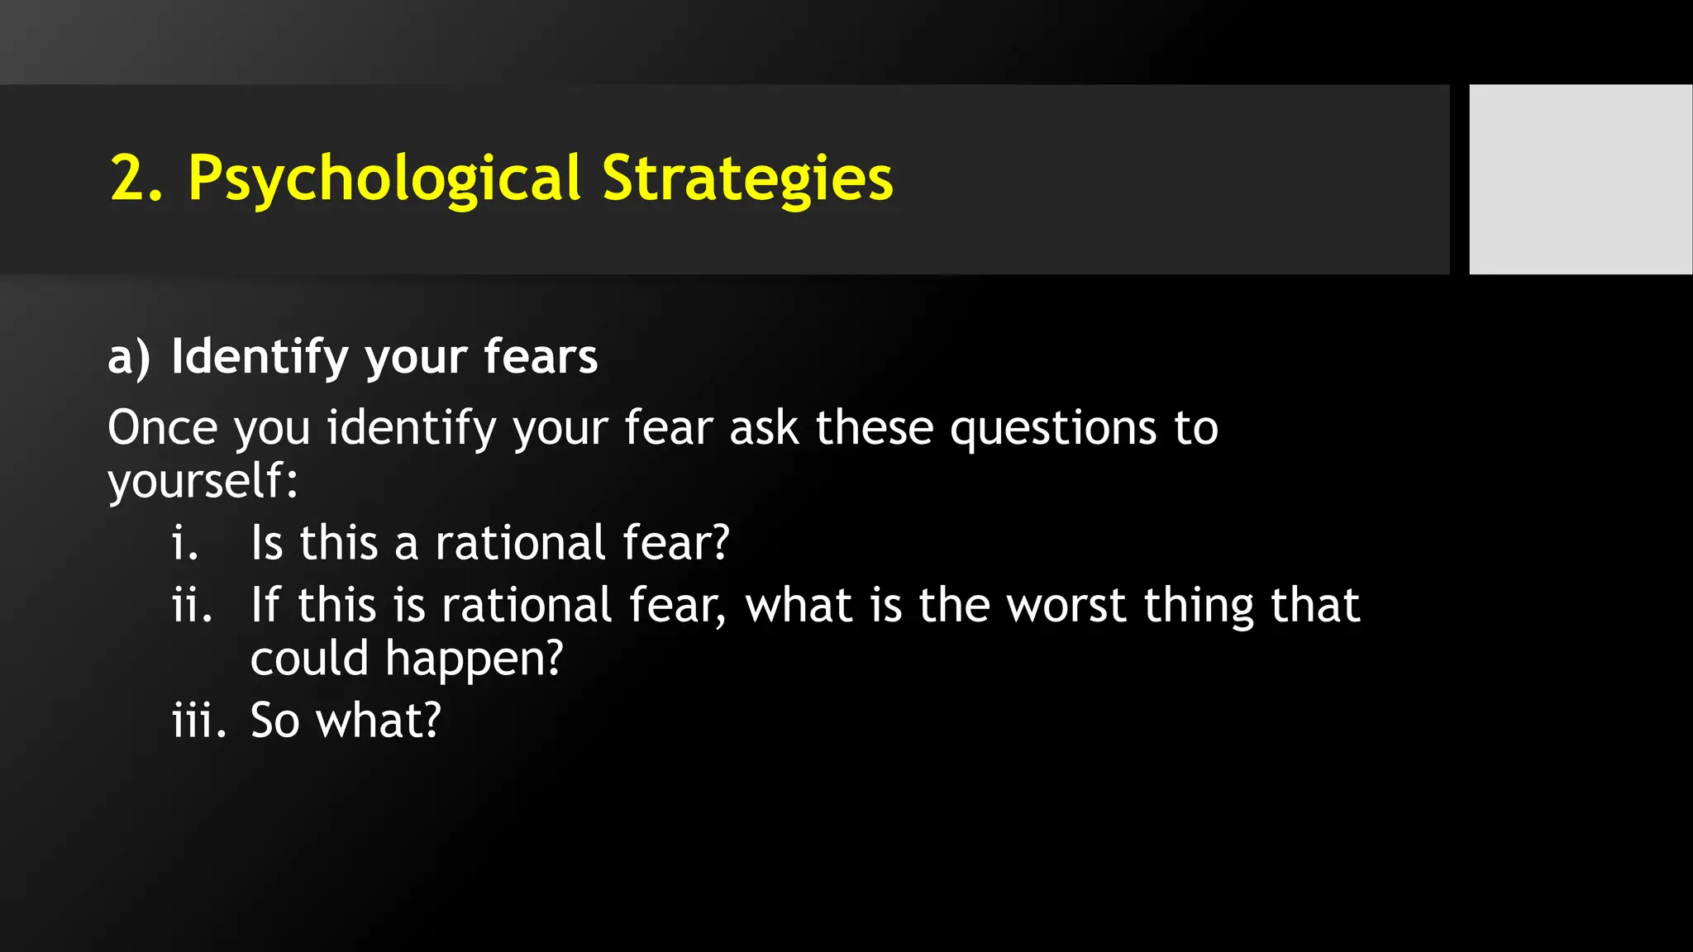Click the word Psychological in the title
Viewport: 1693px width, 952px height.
(384, 178)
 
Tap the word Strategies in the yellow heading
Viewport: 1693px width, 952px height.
(747, 178)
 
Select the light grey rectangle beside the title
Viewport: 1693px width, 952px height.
(1580, 179)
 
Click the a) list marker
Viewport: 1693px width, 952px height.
(129, 357)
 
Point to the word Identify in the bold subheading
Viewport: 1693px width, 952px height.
(260, 357)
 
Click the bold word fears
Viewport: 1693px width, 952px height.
(541, 357)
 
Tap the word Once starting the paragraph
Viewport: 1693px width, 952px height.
(163, 428)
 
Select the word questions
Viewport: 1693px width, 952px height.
(1053, 428)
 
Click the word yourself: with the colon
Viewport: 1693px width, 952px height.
(203, 481)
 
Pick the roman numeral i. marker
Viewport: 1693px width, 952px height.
(185, 544)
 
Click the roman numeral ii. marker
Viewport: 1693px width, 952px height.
(192, 606)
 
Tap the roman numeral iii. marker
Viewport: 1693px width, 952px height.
(198, 721)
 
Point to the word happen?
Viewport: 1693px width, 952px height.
(474, 659)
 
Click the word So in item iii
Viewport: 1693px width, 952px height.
(274, 721)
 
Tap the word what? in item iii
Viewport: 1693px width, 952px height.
(379, 721)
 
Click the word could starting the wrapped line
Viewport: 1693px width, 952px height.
(309, 659)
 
